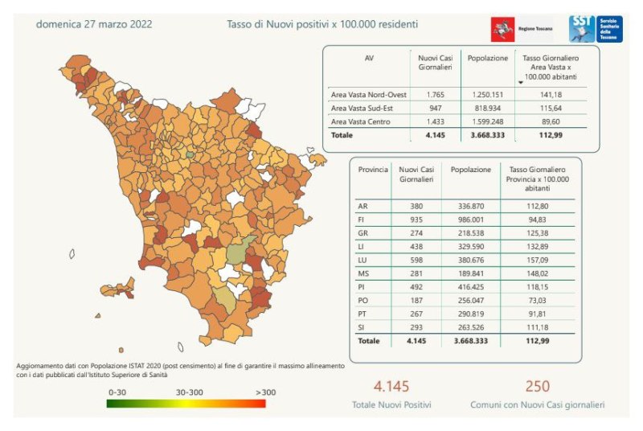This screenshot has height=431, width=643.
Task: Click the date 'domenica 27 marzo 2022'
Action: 94,24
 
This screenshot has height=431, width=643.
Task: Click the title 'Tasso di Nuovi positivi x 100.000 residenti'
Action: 322,24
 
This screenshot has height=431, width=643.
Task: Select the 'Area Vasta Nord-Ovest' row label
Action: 369,95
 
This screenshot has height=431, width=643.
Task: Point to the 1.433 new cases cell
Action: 436,121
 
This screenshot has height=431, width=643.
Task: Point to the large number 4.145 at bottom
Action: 391,387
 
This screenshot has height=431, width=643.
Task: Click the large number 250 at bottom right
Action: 537,387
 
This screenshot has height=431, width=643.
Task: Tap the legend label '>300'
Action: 255,392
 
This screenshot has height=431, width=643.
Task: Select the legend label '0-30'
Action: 117,392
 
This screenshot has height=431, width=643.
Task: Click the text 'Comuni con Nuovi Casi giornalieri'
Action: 537,406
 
